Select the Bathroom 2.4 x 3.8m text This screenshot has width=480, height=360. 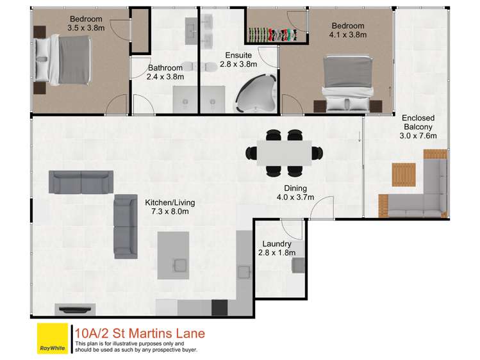coord(166,72)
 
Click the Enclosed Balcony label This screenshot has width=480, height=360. coord(418,126)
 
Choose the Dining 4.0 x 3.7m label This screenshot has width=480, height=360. coord(295,193)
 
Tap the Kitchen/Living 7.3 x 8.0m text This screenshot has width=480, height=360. coord(169,207)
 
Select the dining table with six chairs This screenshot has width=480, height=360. coord(284,152)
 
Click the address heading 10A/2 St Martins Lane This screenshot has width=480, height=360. coord(140,333)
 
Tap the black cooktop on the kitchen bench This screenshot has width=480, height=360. coord(220,308)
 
